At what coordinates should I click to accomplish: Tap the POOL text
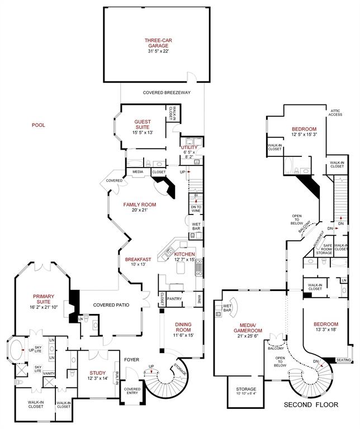(x=39, y=125)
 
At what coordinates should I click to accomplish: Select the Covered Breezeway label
(x=167, y=93)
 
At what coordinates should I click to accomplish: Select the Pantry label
(x=175, y=299)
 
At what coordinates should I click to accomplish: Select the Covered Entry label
(x=132, y=391)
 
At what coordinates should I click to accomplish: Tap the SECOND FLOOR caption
(x=311, y=404)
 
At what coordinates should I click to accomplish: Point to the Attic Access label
(x=335, y=112)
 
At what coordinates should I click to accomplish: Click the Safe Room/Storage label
(x=324, y=249)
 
